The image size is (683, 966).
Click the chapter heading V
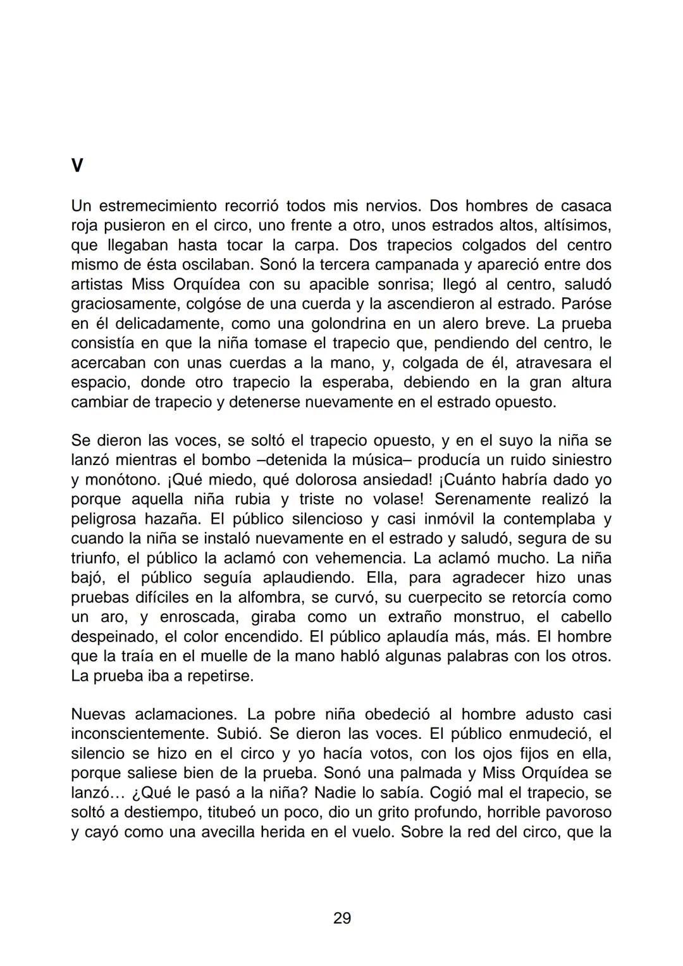tap(77, 166)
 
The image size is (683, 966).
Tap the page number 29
tap(342, 918)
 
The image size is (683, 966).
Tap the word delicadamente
tap(161, 323)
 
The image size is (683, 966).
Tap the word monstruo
tap(486, 617)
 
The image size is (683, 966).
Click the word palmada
tap(429, 773)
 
